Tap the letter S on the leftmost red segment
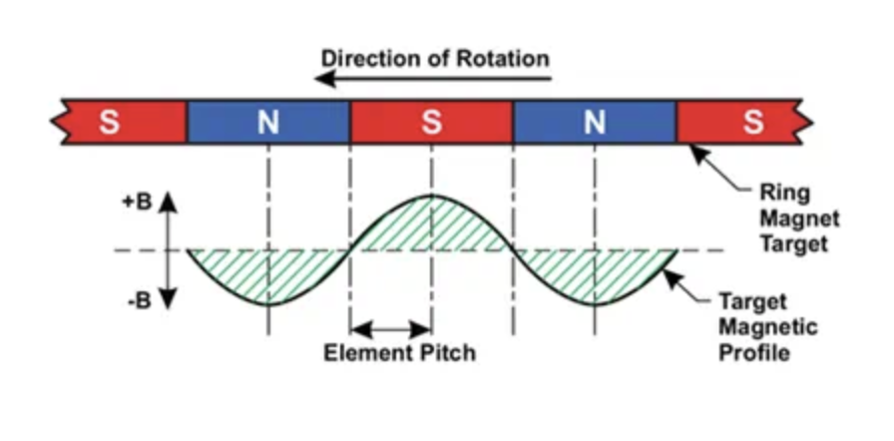point(109,123)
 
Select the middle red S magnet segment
point(431,123)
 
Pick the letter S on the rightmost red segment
point(753,123)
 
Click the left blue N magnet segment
point(268,123)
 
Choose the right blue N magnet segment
point(595,123)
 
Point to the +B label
point(137,200)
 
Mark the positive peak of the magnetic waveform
point(431,196)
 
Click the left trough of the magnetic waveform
point(268,303)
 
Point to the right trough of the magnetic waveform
point(595,303)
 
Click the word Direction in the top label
point(365,58)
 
